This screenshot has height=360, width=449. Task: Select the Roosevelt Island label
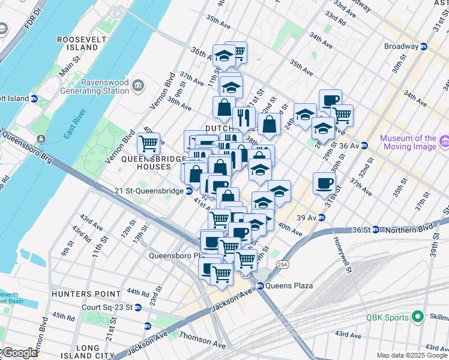(77, 43)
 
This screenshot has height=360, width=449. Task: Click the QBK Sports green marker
(418, 317)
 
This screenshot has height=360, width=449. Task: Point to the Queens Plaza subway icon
(261, 286)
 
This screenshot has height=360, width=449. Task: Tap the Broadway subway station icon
(423, 46)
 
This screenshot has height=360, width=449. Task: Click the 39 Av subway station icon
(321, 217)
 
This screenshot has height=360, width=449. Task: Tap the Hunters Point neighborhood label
(79, 293)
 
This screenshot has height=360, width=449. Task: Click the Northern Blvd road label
(414, 229)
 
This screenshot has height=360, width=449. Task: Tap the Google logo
(19, 353)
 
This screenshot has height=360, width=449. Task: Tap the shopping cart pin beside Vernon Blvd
(148, 144)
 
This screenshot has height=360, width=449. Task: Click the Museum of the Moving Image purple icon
(445, 142)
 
